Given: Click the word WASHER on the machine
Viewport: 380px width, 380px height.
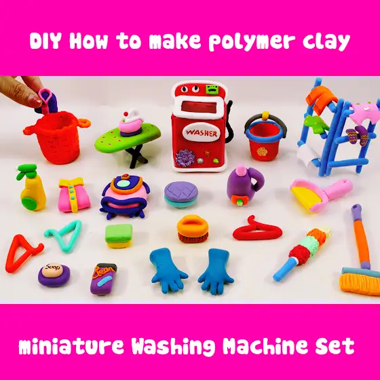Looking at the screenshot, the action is point(202,133).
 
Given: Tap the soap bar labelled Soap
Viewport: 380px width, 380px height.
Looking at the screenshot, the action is point(54,275).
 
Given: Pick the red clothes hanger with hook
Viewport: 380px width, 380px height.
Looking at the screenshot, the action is point(258,229).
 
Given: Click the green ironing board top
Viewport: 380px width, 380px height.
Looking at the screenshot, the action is point(128,137).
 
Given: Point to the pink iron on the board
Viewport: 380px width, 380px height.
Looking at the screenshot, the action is point(131,122).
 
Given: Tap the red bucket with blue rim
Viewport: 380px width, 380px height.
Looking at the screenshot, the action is point(265,137).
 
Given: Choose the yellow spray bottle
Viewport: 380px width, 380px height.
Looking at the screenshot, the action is point(31,187).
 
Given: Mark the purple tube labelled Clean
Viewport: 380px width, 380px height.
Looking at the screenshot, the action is point(103,279).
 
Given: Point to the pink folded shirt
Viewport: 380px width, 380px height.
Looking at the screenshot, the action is point(73,195).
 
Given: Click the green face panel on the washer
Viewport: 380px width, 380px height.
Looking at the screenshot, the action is point(211,89).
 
